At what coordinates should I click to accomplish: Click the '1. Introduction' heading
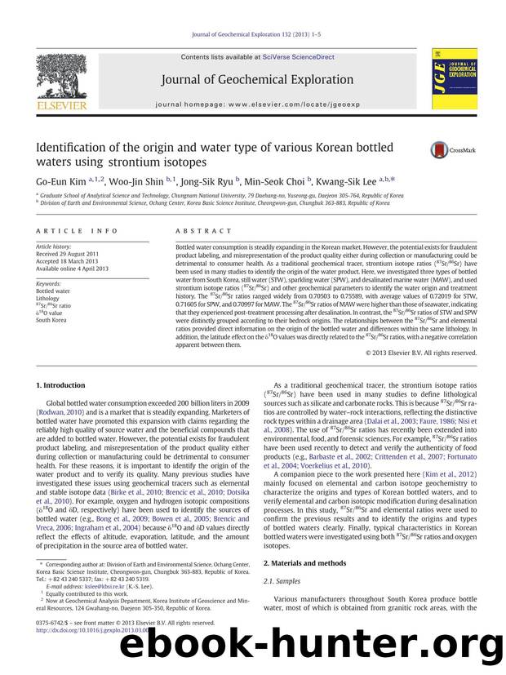(x=61, y=384)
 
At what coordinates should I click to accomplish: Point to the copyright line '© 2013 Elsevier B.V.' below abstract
(x=421, y=353)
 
